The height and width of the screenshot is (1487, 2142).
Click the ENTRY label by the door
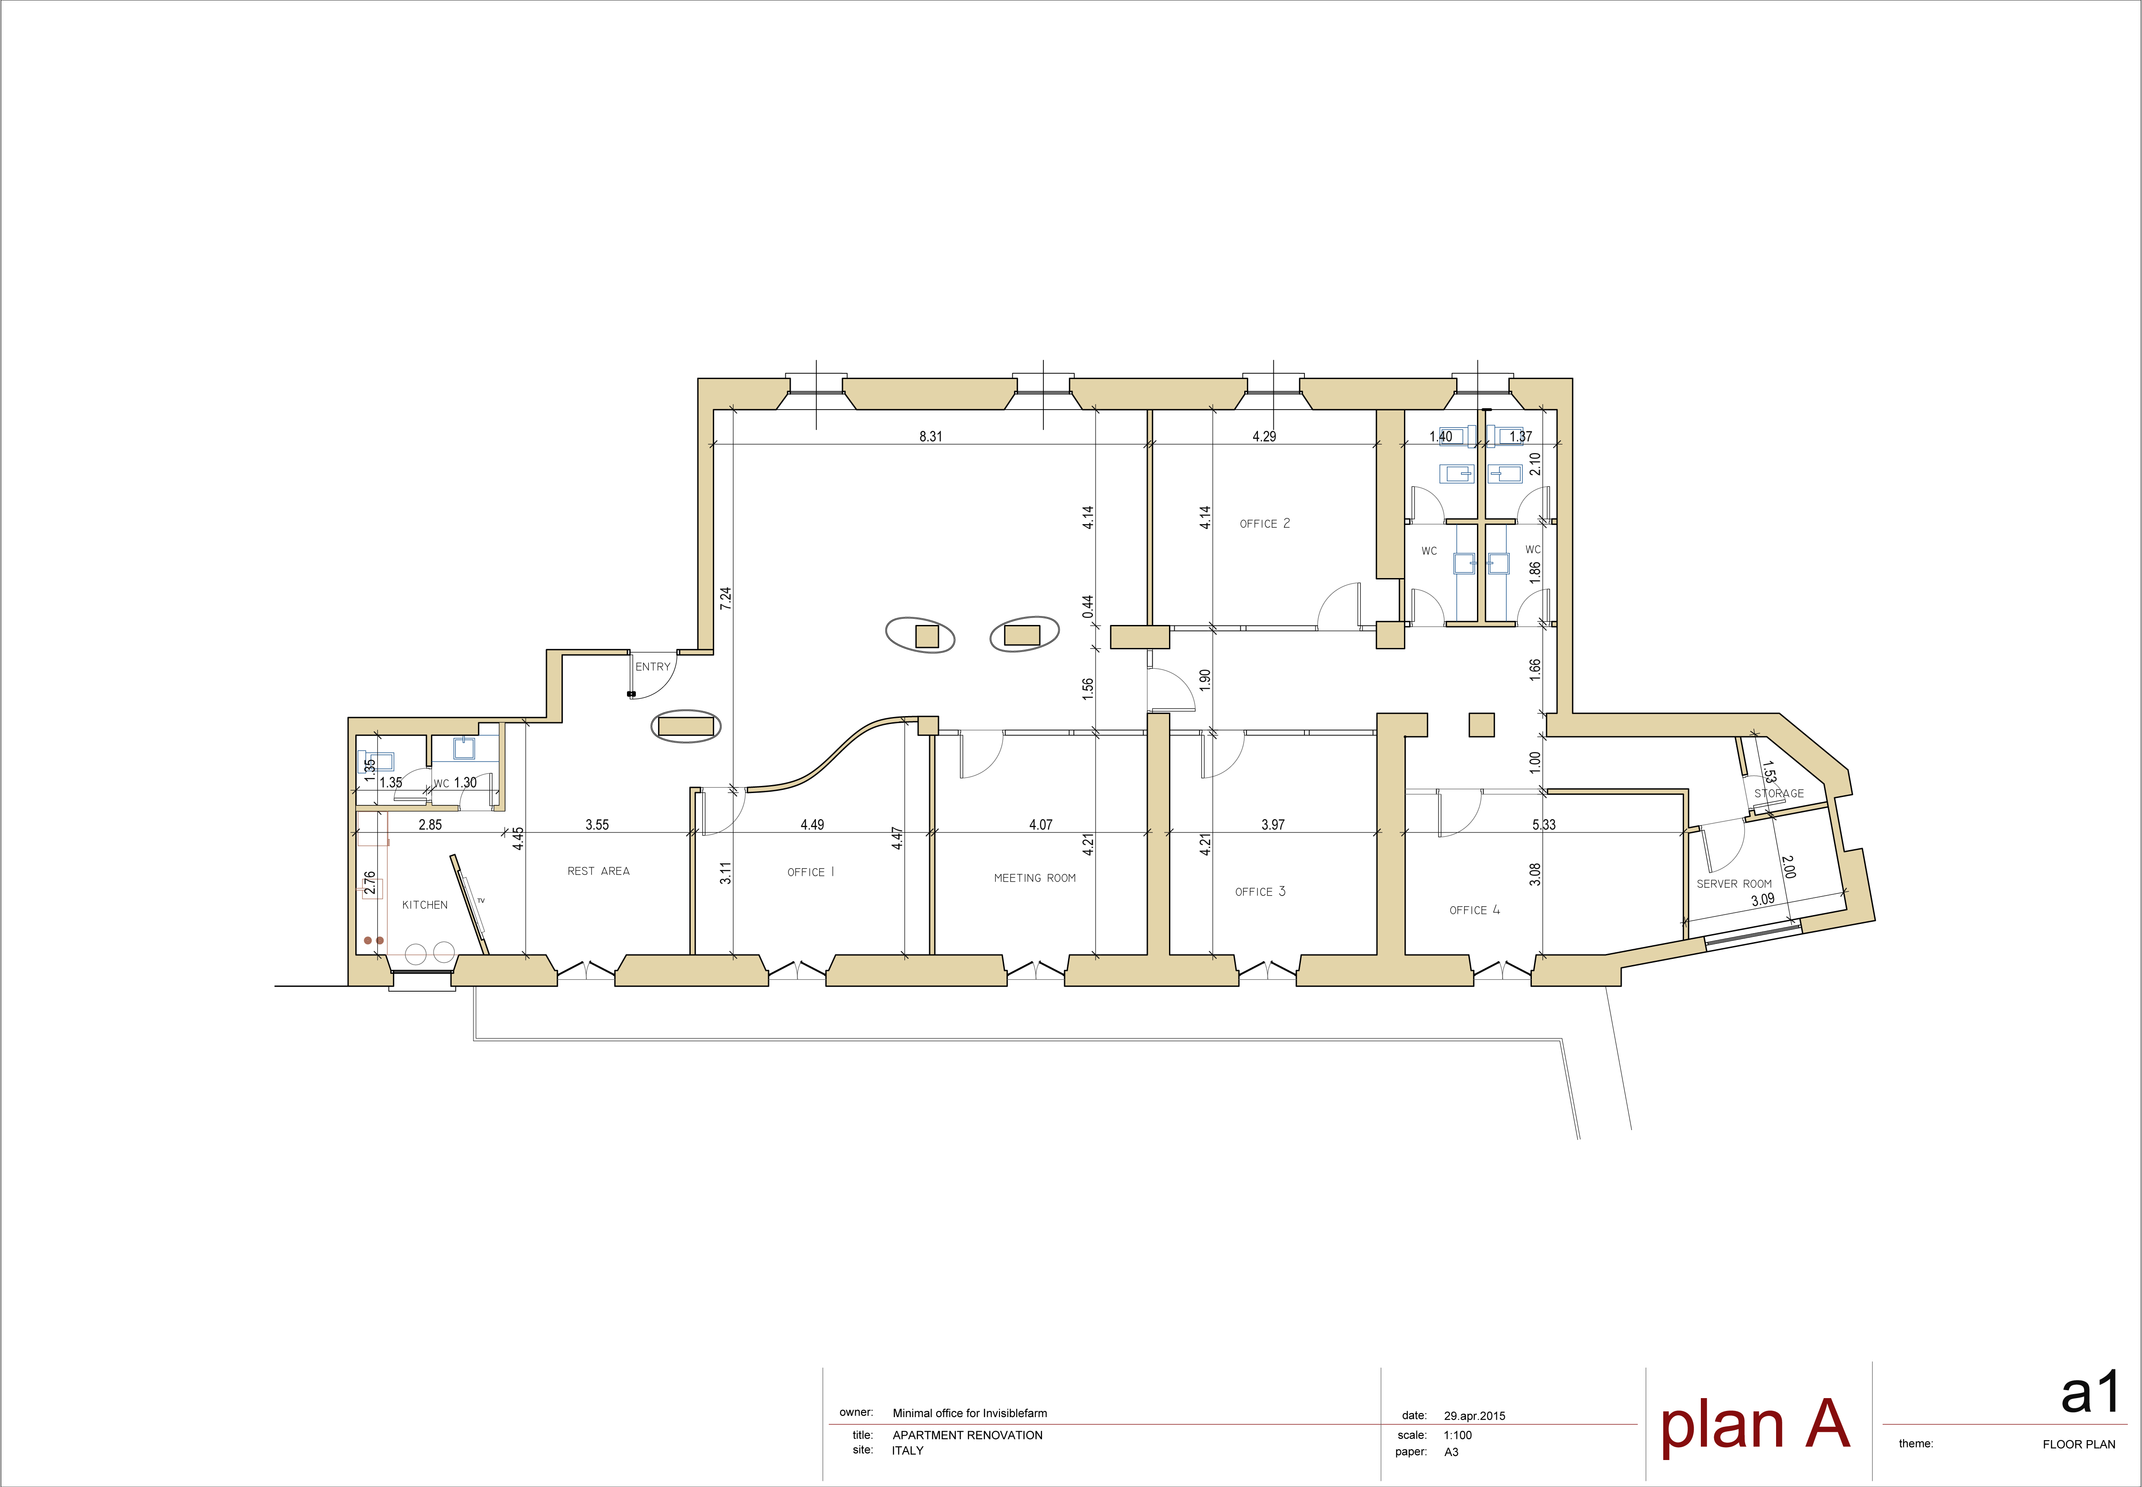click(653, 666)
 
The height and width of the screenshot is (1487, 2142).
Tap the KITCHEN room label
click(425, 904)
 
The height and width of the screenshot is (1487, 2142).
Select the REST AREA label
click(598, 871)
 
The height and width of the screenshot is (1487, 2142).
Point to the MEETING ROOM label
click(1034, 878)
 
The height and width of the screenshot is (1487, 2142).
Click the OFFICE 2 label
click(1265, 524)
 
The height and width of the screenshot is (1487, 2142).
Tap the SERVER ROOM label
click(1734, 883)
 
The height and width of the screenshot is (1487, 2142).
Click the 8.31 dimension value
click(930, 436)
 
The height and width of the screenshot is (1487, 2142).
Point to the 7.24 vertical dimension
click(725, 598)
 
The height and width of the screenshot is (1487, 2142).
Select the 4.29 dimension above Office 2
click(1264, 436)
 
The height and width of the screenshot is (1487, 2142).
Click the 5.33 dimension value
click(1544, 824)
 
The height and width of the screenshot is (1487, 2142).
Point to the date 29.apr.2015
click(1475, 1415)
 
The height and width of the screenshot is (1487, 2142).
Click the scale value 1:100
click(1458, 1435)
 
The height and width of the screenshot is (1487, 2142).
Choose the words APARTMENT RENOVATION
click(968, 1435)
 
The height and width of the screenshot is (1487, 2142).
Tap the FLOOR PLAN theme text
click(2079, 1444)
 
